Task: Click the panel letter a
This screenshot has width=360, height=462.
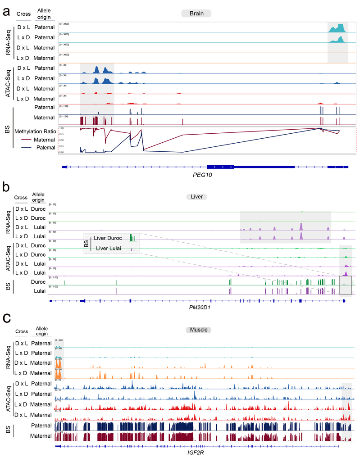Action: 7,12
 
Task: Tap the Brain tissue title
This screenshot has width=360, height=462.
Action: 196,14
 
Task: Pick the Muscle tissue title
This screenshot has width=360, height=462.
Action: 198,330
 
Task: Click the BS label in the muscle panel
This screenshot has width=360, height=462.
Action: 7,430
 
